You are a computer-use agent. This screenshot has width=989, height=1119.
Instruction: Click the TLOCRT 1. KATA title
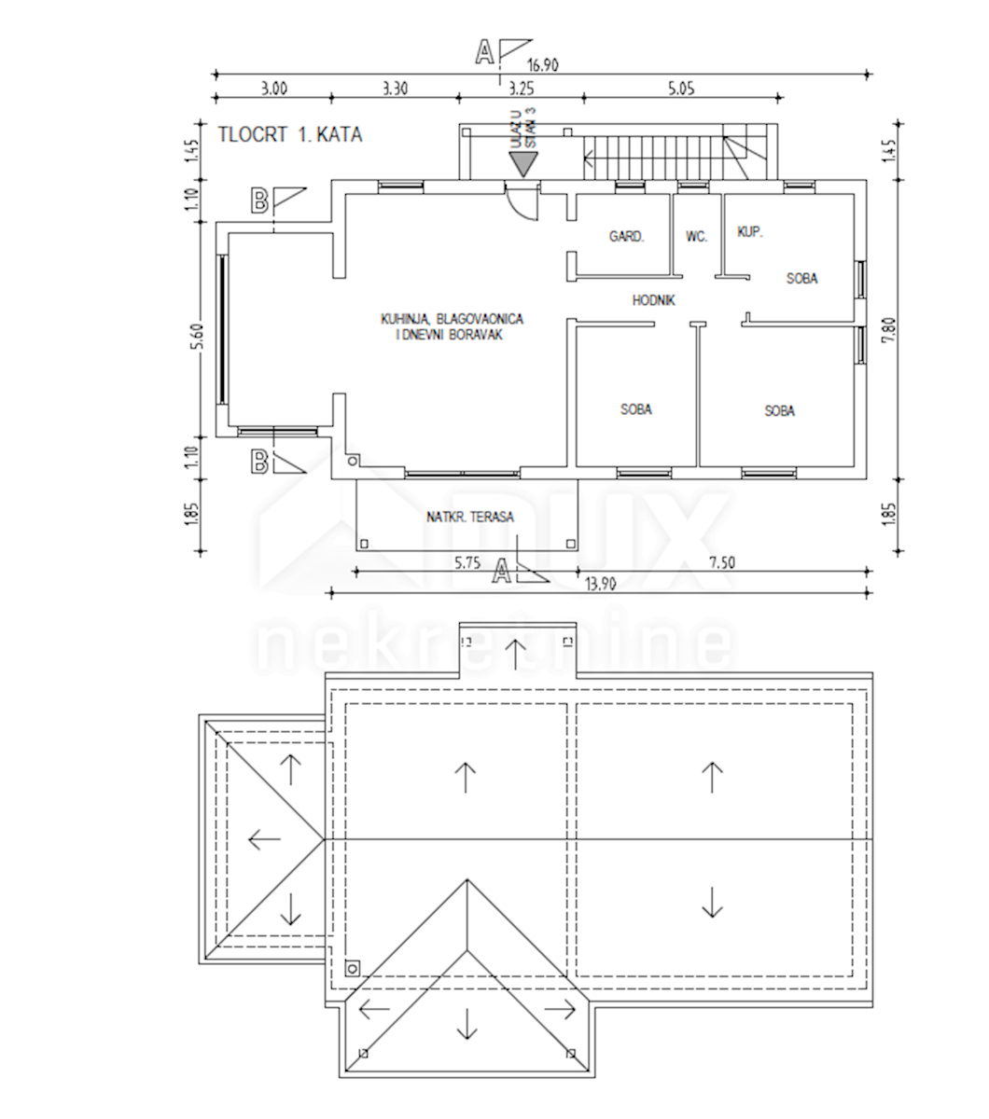coord(289,134)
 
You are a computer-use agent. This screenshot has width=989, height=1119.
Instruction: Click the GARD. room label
coord(626,237)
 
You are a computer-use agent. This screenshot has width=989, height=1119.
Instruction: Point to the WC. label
coord(696,237)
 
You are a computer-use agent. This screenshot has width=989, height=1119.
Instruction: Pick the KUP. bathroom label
coord(750,231)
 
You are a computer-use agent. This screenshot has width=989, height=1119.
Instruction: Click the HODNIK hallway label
coord(653,300)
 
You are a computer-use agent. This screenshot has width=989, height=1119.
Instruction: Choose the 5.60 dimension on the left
coord(194,333)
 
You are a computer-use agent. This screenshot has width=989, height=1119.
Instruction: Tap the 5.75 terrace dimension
coord(467,562)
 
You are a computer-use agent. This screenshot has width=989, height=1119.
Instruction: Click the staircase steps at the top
coord(653,155)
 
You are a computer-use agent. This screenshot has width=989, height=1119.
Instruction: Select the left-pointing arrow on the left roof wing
coord(265,839)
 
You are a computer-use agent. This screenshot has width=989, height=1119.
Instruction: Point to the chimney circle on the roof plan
coord(352,968)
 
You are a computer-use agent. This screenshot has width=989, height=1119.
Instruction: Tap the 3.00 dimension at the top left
coord(272,90)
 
